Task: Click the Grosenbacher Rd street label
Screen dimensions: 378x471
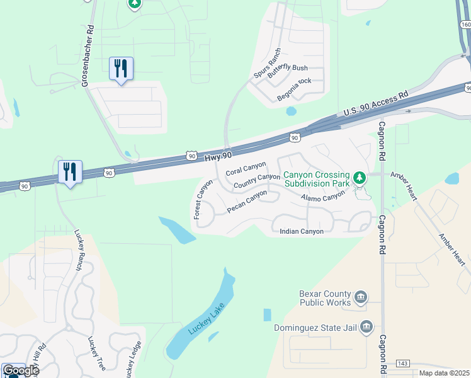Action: (87, 56)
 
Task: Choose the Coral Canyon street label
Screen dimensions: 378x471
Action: (246, 169)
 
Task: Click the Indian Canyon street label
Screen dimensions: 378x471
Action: (302, 231)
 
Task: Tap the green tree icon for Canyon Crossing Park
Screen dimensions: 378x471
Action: (360, 178)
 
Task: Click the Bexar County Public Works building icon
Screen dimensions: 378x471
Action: (361, 297)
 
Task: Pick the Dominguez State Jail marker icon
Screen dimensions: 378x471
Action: (367, 327)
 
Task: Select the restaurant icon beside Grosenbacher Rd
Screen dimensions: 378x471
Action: (121, 68)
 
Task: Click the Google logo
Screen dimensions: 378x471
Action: (21, 370)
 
